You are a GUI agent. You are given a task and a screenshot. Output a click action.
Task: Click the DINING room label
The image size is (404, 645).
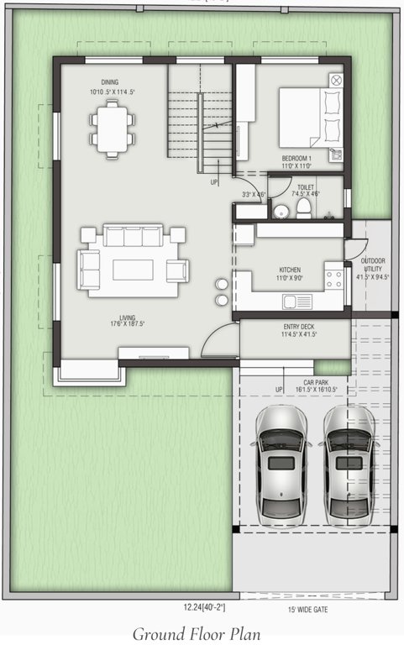(109, 81)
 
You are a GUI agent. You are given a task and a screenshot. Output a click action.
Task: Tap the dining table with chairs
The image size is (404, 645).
(113, 127)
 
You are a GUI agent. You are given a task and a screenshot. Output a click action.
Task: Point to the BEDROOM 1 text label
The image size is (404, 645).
(296, 158)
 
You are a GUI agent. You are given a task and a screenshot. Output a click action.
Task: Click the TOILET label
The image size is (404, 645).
(306, 187)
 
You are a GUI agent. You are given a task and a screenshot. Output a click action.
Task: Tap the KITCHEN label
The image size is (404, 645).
(290, 270)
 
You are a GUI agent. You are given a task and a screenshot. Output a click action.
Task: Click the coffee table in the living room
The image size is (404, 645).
(133, 269)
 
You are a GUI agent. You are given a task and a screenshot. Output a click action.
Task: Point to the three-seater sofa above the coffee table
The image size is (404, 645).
(133, 238)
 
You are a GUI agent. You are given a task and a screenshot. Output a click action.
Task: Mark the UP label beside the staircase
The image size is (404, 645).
(213, 181)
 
